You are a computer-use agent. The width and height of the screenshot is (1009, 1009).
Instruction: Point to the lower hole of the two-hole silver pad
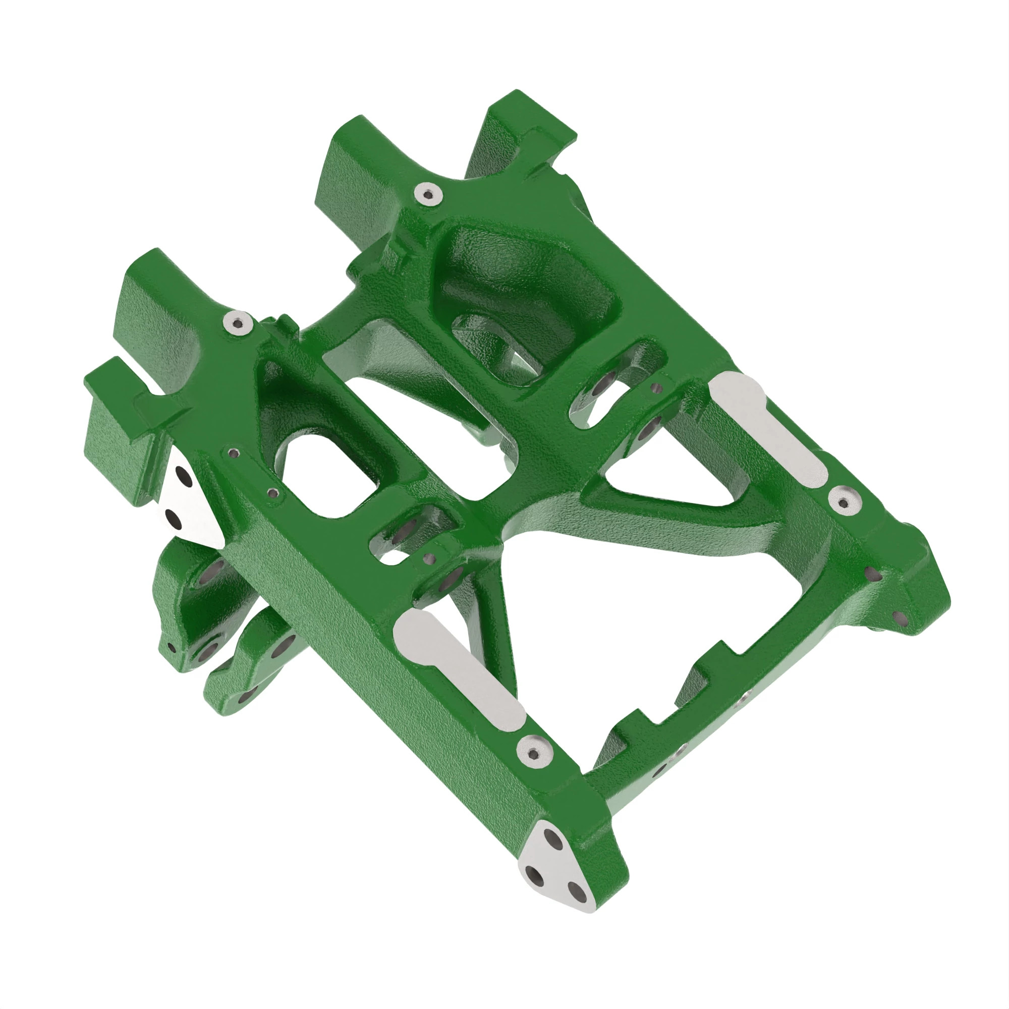coord(173,519)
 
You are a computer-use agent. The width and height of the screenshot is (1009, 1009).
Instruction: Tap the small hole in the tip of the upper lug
coord(171,648)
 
